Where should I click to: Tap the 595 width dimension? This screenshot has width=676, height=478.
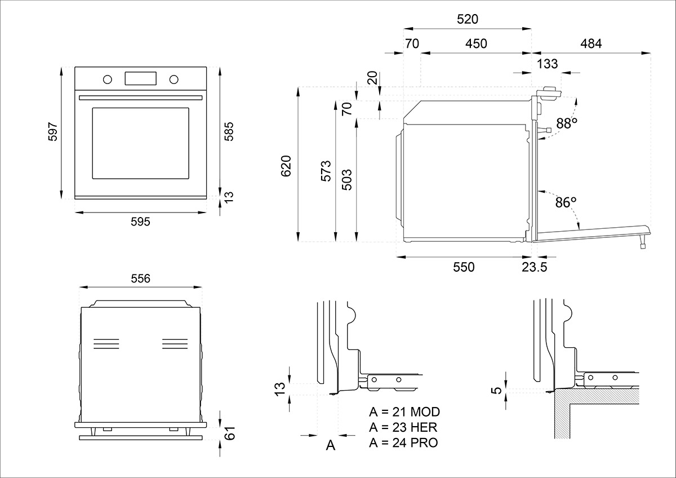pyautogui.click(x=140, y=222)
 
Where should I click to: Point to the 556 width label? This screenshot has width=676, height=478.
pyautogui.click(x=140, y=278)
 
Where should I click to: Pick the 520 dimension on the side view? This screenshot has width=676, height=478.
pyautogui.click(x=468, y=19)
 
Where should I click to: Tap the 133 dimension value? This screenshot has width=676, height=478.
pyautogui.click(x=548, y=64)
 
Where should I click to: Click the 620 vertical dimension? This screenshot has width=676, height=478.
pyautogui.click(x=287, y=166)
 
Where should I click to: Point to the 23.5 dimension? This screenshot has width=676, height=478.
pyautogui.click(x=534, y=267)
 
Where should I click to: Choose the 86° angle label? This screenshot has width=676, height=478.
pyautogui.click(x=566, y=202)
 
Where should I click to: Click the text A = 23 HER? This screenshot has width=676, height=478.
pyautogui.click(x=403, y=427)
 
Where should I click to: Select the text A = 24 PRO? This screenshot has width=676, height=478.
pyautogui.click(x=403, y=442)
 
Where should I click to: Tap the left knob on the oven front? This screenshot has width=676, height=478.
pyautogui.click(x=106, y=78)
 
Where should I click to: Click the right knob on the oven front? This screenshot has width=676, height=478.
pyautogui.click(x=174, y=78)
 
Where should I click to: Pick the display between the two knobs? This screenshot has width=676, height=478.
pyautogui.click(x=140, y=78)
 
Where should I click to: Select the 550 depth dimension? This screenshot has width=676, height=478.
pyautogui.click(x=464, y=267)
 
